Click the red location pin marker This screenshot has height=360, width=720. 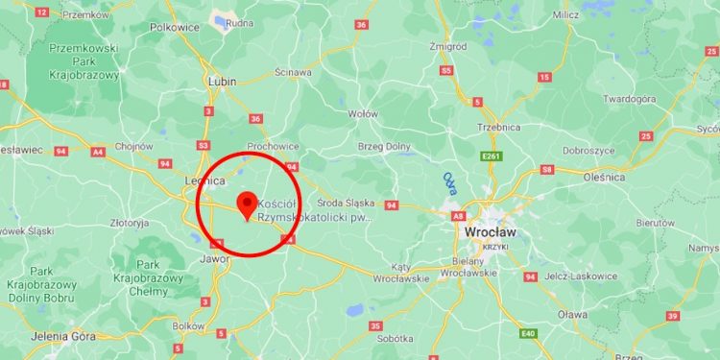247,204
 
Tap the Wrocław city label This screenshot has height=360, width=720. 489,232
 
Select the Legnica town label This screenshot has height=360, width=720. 204,180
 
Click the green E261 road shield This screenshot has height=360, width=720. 492,156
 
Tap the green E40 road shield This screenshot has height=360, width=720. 527,332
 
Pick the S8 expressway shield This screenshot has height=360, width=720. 546,169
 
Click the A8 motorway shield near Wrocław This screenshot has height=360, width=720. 459,216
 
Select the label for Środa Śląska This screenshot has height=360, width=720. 346,203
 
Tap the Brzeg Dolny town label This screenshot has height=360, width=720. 384,146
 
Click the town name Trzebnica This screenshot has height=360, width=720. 498,128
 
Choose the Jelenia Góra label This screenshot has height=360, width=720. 36,337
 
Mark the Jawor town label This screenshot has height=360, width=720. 211,259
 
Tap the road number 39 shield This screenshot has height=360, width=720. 673,316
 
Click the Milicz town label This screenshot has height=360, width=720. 566,15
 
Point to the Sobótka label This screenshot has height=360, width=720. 394,339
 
